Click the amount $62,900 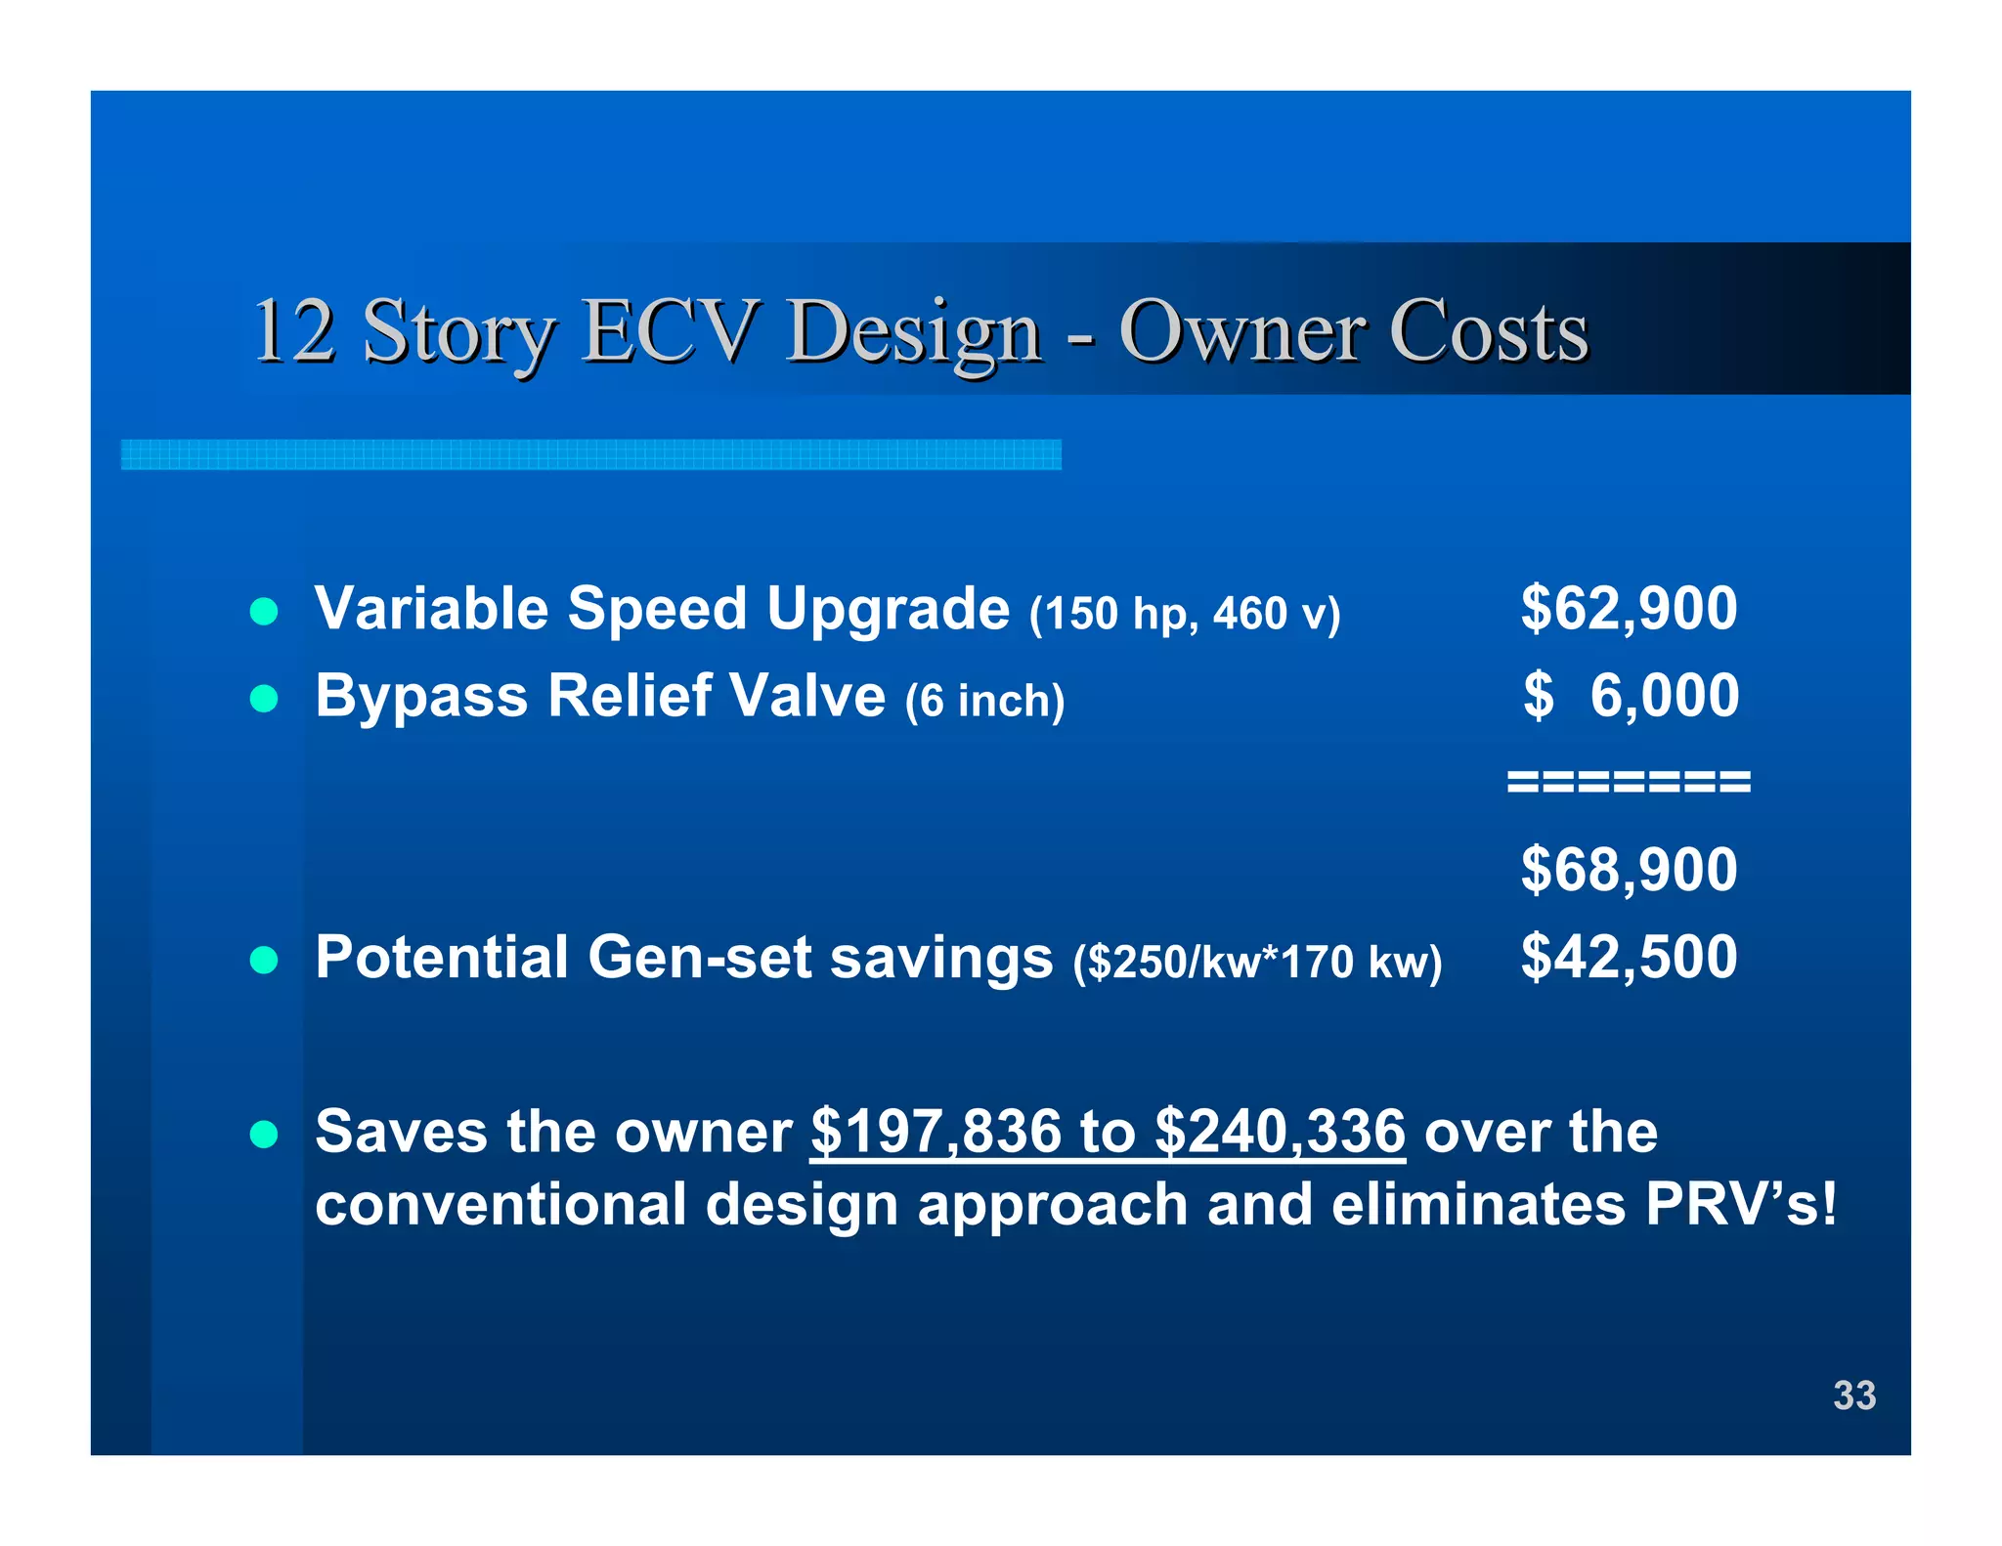(x=1629, y=608)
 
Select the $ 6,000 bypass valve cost (x=1631, y=696)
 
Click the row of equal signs (x=1629, y=782)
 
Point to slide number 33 (x=1853, y=1396)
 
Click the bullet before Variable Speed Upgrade (x=264, y=612)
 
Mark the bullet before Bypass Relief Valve (x=264, y=699)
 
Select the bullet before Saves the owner (x=264, y=1135)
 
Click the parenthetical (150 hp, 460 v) (x=1185, y=614)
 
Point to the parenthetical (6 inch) (x=984, y=701)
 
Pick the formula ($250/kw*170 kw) (x=1257, y=962)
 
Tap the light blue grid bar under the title (x=590, y=454)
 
